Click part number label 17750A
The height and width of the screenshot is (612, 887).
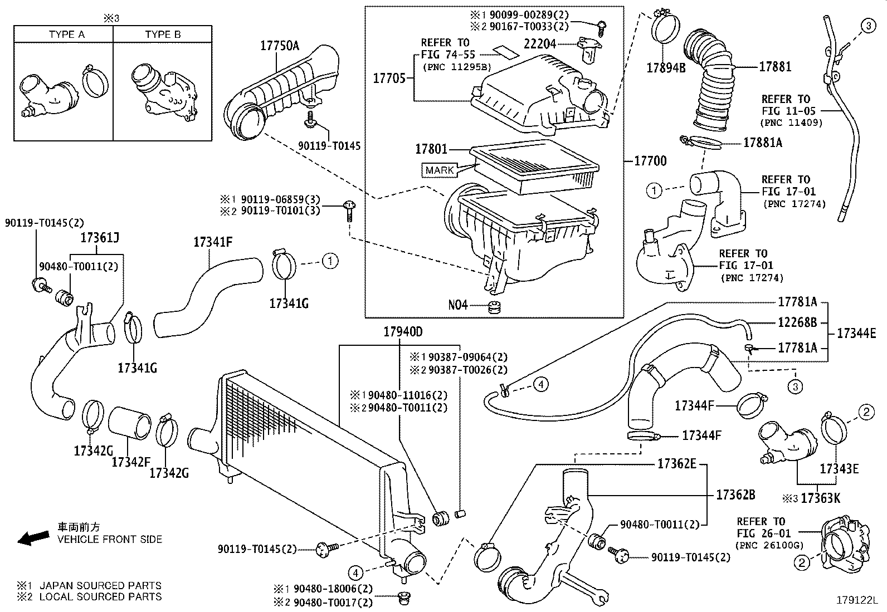[x=280, y=45]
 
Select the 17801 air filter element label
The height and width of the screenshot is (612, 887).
[x=431, y=150]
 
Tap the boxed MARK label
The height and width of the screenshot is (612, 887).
[x=440, y=170]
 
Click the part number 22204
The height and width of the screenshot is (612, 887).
[x=540, y=43]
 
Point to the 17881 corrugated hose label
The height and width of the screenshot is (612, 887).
[x=775, y=66]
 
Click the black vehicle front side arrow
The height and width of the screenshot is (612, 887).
[x=33, y=538]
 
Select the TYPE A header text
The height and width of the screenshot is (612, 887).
[x=66, y=35]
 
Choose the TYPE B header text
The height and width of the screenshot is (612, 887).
[x=163, y=35]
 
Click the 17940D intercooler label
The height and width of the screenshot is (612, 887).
[x=402, y=332]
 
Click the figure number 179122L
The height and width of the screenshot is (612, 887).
[x=856, y=601]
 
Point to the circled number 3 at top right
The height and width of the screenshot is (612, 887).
[x=868, y=25]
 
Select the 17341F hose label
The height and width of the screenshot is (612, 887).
[x=213, y=242]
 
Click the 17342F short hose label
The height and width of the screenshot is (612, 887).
[x=131, y=462]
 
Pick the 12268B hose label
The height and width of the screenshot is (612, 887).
[x=798, y=322]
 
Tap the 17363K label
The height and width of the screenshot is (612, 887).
[x=820, y=498]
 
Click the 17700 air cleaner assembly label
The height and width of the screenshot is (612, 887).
[x=650, y=161]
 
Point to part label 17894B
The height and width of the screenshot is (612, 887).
[x=666, y=68]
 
